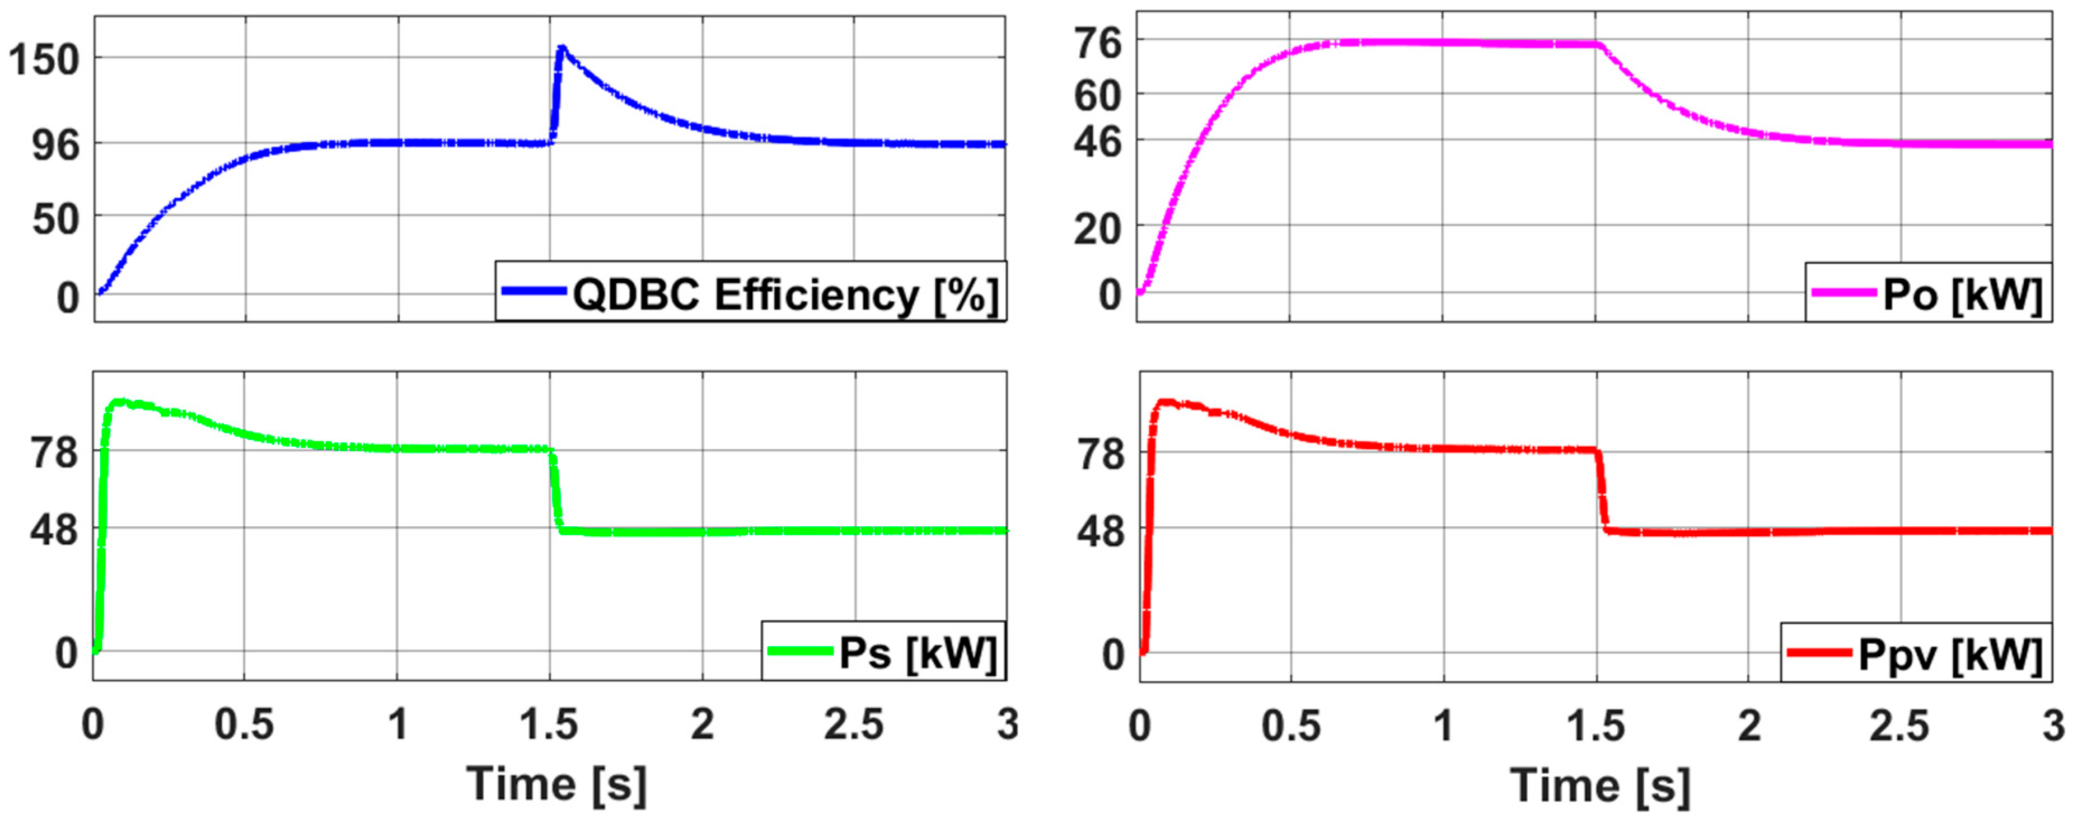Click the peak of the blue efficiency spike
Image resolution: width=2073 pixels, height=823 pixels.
tap(561, 48)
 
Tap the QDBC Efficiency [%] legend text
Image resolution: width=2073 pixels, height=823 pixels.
tap(785, 294)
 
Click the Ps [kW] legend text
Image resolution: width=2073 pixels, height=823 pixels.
tap(918, 652)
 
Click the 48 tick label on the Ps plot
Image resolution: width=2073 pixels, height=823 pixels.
tap(55, 531)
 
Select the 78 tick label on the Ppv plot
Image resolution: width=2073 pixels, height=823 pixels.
tap(1101, 455)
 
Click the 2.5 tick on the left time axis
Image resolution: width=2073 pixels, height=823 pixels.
tap(854, 725)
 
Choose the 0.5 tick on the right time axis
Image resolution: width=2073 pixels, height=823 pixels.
tap(1291, 726)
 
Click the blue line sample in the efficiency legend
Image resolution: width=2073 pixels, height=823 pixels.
tap(533, 291)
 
